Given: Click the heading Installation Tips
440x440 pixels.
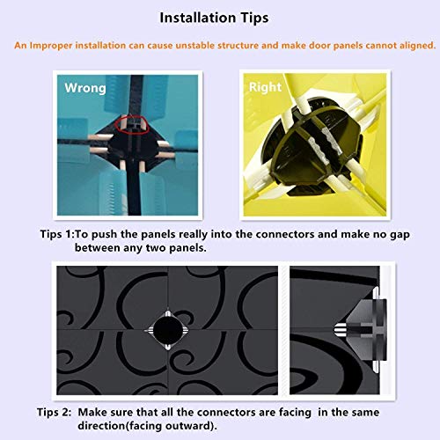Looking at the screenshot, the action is click(x=214, y=18).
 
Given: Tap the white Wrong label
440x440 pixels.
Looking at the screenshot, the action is click(x=85, y=88).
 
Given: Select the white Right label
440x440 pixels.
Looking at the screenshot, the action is click(x=265, y=87).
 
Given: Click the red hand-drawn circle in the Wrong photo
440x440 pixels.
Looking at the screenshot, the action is click(x=132, y=125).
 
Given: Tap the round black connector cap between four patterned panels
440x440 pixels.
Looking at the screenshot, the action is click(x=167, y=330).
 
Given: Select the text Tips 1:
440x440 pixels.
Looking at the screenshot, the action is click(x=58, y=234).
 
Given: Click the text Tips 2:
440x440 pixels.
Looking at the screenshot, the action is click(x=55, y=412).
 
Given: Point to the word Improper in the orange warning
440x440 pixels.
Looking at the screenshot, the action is click(x=51, y=46).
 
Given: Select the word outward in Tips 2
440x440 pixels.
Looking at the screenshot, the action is click(x=191, y=426).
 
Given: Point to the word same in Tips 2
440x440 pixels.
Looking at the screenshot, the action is click(x=366, y=413).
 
